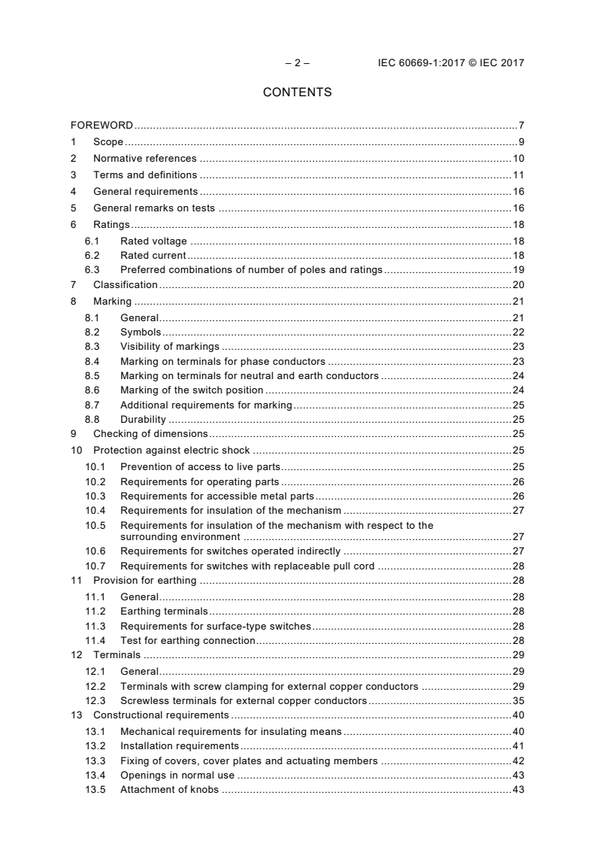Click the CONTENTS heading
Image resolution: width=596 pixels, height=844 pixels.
coord(297,93)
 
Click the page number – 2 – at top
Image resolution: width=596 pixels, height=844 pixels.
coord(297,63)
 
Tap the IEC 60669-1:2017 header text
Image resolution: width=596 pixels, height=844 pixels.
coord(451,63)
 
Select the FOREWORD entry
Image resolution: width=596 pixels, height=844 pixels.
coord(102,125)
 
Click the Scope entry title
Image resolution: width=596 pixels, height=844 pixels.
coord(108,142)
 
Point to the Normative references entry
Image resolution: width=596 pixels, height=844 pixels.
coord(144,159)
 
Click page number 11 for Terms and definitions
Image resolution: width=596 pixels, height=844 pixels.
coord(518,175)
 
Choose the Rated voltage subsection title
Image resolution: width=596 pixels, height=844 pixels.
coord(153,241)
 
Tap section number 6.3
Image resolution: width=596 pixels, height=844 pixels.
coord(92,270)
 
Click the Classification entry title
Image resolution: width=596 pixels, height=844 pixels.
coord(125,284)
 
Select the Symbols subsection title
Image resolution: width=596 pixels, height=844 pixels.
coord(141,332)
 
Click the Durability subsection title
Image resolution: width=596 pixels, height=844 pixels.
coord(143,419)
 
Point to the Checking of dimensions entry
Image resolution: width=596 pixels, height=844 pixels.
coord(150,433)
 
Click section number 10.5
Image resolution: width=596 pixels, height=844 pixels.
coord(95,525)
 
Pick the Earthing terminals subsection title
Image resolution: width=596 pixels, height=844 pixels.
coord(164,611)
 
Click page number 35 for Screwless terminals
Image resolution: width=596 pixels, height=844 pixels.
coord(518,700)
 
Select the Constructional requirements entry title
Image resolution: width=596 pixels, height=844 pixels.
coord(161,715)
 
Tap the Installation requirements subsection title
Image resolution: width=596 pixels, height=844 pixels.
coord(180,746)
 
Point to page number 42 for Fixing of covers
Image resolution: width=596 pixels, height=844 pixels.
coord(518,761)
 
